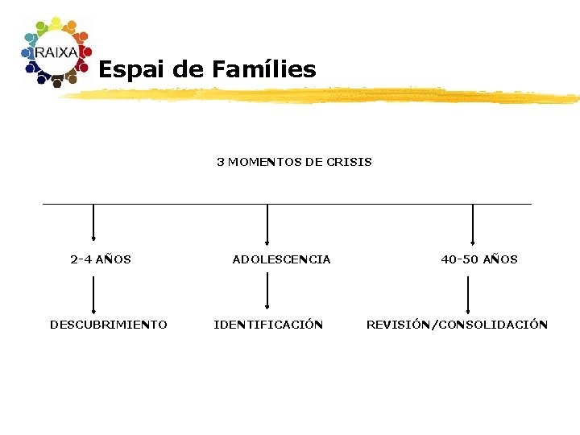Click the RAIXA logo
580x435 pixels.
tap(55, 52)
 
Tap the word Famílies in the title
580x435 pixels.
tap(263, 70)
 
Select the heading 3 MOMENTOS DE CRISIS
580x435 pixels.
tap(294, 162)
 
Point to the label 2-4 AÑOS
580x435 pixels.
tap(101, 259)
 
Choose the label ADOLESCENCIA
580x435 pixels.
tap(281, 259)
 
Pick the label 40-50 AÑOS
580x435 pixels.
tap(479, 259)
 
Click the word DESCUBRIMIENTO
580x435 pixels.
tap(109, 325)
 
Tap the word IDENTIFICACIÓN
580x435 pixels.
tap(268, 325)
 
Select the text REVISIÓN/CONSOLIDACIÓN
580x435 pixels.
tap(457, 325)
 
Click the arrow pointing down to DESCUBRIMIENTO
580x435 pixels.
tap(94, 294)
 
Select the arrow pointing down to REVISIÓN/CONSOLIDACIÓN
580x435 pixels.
tap(468, 294)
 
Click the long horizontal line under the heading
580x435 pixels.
tap(362, 204)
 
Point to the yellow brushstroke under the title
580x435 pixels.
tap(322, 96)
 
